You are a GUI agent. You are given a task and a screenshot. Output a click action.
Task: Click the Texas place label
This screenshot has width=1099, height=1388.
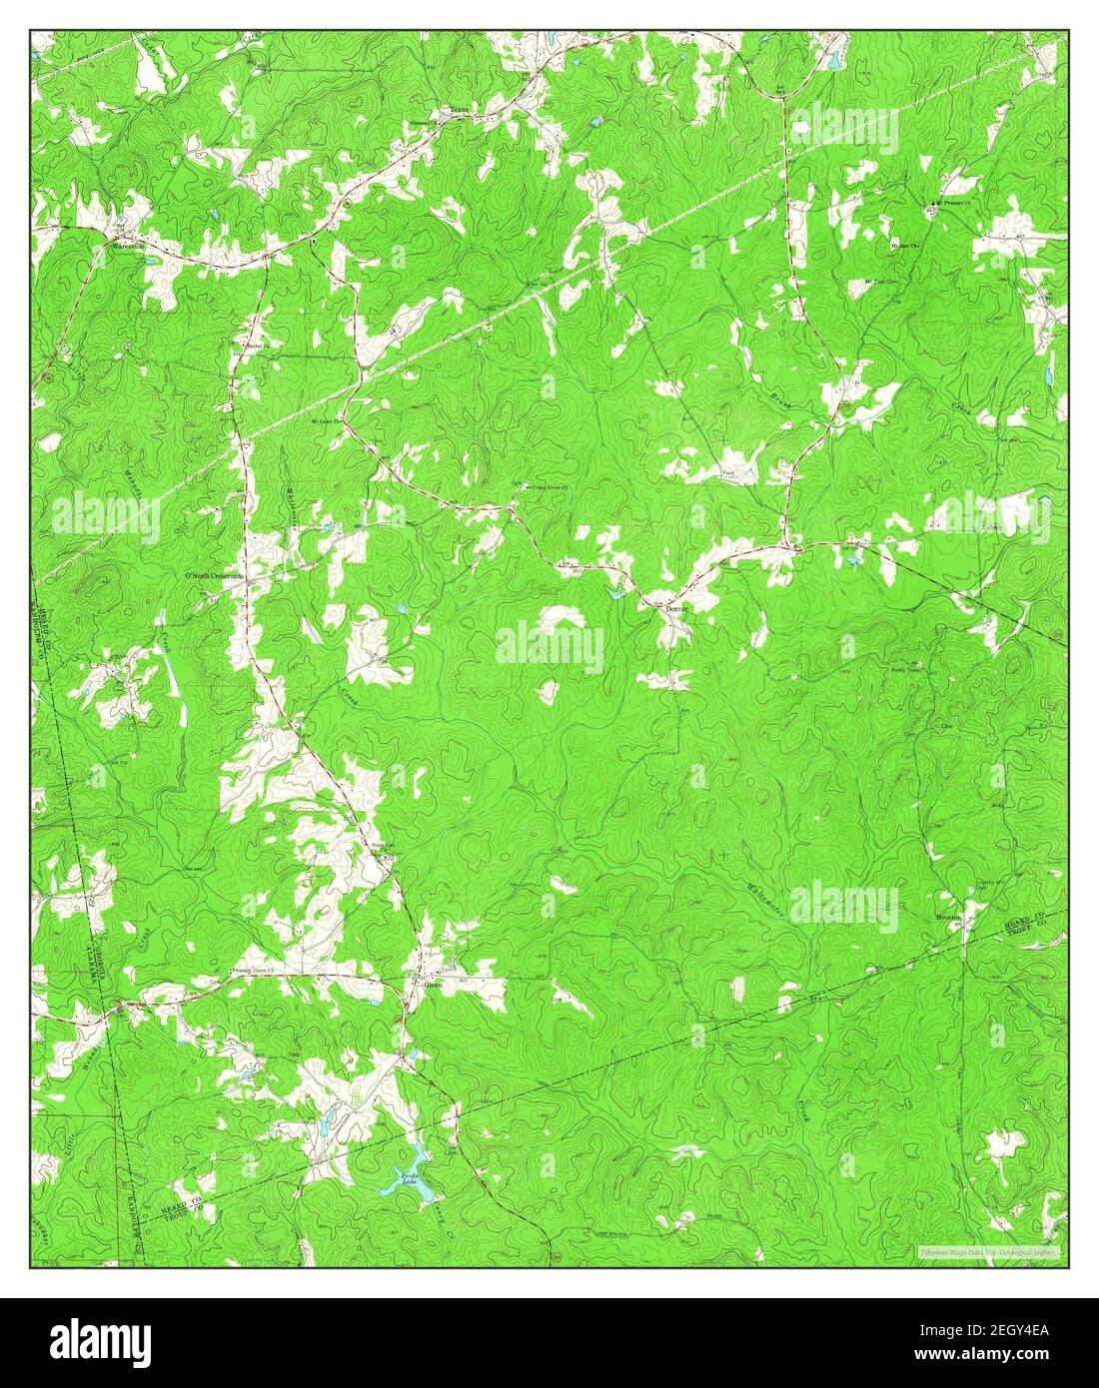click(459, 111)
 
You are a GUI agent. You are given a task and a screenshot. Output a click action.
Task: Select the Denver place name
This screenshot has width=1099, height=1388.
click(678, 607)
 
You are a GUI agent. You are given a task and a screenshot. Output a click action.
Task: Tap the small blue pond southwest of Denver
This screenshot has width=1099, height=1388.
click(616, 596)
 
